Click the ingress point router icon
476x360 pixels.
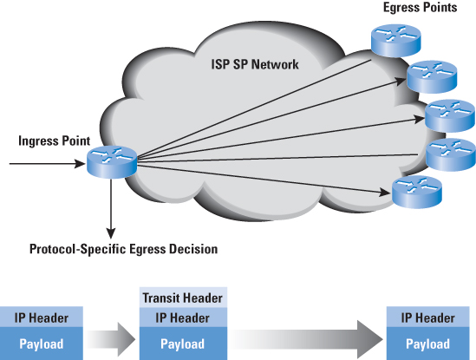[112, 162]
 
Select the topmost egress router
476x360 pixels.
[396, 41]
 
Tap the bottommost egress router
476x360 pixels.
[417, 192]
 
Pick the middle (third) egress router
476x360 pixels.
[450, 115]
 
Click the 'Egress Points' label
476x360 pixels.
[421, 8]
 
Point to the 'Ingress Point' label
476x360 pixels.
[55, 141]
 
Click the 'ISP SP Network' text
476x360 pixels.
[255, 64]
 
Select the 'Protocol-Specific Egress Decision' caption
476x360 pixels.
[124, 249]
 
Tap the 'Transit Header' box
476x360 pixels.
[183, 298]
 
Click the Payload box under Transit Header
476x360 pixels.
[183, 344]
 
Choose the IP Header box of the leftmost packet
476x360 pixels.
[42, 317]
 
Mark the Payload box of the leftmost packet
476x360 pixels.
[42, 344]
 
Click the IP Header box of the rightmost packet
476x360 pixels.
[427, 317]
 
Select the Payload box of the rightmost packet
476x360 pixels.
[427, 344]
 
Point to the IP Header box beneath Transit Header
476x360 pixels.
[183, 317]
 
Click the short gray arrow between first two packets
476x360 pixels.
[111, 339]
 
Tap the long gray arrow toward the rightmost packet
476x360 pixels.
[306, 339]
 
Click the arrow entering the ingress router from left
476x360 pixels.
[48, 164]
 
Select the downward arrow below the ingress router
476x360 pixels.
[111, 209]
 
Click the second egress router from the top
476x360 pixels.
[432, 77]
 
